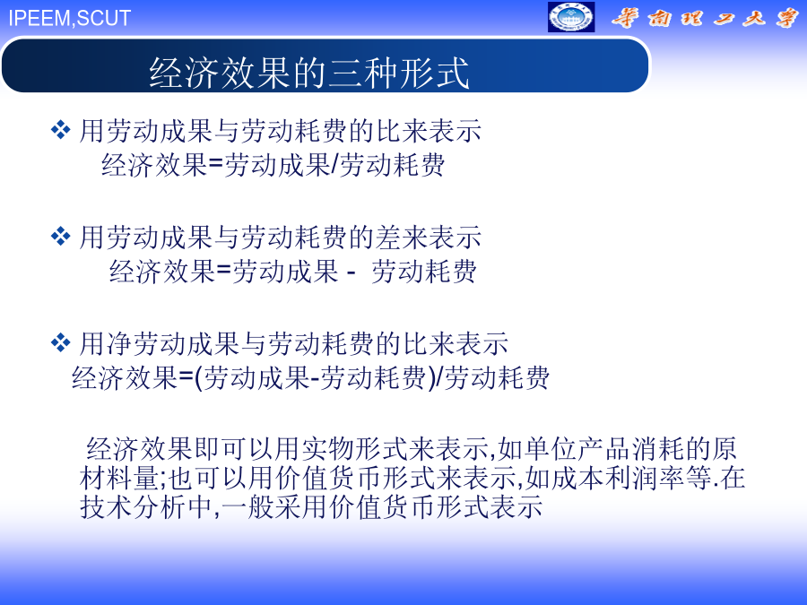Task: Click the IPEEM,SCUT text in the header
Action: [69, 18]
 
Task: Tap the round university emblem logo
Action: [571, 17]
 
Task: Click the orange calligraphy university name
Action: [704, 18]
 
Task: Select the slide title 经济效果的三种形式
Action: [308, 73]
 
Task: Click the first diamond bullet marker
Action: [61, 130]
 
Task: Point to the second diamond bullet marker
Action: [61, 236]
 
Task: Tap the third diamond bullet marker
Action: [61, 342]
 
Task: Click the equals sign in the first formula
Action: [215, 165]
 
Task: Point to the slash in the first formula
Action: [334, 165]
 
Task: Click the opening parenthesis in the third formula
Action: [199, 378]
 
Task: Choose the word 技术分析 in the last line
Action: [133, 506]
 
